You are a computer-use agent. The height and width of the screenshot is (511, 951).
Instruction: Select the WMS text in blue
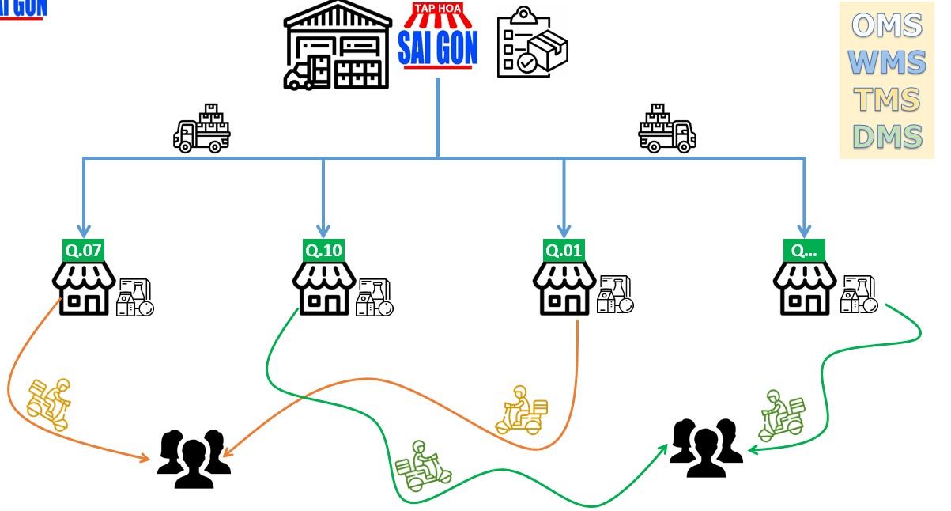click(x=889, y=62)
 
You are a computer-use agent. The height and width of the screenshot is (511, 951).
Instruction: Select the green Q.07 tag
click(x=84, y=251)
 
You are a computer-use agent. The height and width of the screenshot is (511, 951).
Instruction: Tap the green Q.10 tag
click(x=323, y=251)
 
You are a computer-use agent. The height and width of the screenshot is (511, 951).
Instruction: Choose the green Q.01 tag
click(x=564, y=251)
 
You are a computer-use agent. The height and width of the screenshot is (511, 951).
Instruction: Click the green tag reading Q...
click(x=804, y=251)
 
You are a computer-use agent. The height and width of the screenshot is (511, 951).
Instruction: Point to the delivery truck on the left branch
click(x=202, y=128)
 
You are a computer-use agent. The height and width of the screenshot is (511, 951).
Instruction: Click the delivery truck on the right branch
click(x=667, y=128)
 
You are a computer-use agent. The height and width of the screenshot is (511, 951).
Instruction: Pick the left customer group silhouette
click(x=194, y=460)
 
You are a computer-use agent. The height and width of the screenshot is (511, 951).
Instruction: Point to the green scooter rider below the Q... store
click(x=781, y=415)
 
